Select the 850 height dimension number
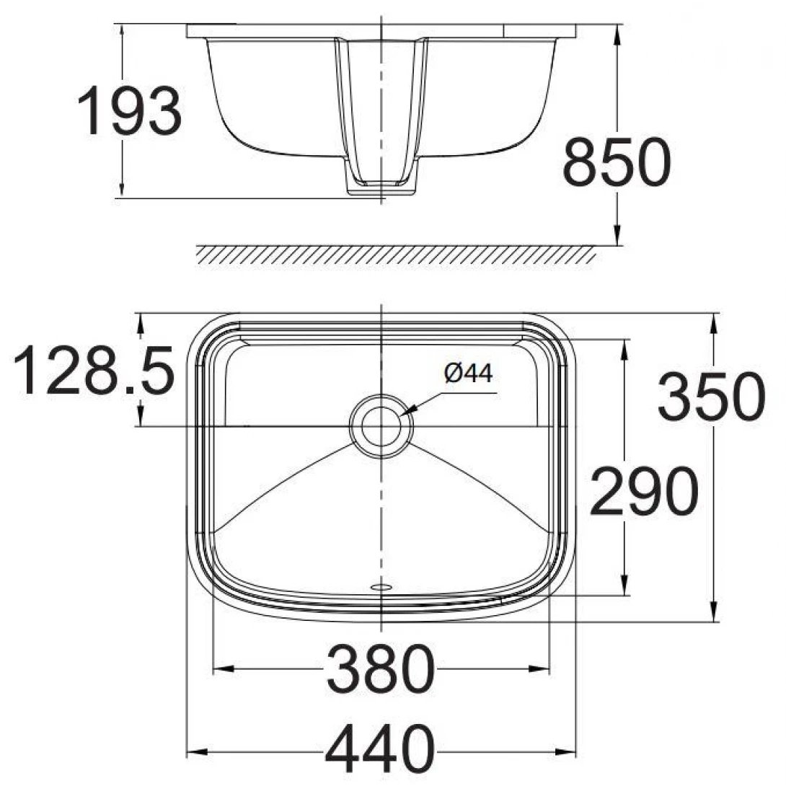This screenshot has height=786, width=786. [x=617, y=163]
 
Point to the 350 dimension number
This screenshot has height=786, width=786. [x=710, y=397]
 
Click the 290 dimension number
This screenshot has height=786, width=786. [x=643, y=491]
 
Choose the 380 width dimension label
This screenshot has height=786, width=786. [x=381, y=668]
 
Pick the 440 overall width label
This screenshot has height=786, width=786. [x=380, y=748]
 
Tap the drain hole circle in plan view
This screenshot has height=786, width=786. [x=381, y=425]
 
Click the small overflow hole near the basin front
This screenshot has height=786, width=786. [x=380, y=587]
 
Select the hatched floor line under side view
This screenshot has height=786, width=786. [x=397, y=255]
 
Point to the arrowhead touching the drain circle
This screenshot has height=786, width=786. [x=410, y=412]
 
